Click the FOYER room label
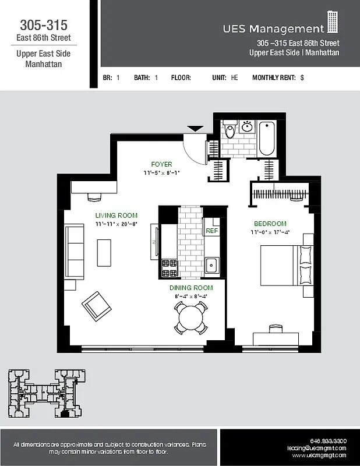pos(161,164)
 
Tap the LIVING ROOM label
pos(117,215)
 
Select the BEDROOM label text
pos(270,224)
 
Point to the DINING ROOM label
pos(191,288)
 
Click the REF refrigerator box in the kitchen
pos(211,231)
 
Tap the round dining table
pos(190,318)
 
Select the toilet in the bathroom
pos(230,130)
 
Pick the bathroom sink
pos(247,126)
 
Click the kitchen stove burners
pos(169,268)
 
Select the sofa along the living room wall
pos(73,252)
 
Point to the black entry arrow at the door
pos(195,128)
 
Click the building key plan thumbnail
pos(44,394)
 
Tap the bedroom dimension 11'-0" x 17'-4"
pos(270,232)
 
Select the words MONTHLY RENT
pos(274,77)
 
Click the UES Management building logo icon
pos(333,22)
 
